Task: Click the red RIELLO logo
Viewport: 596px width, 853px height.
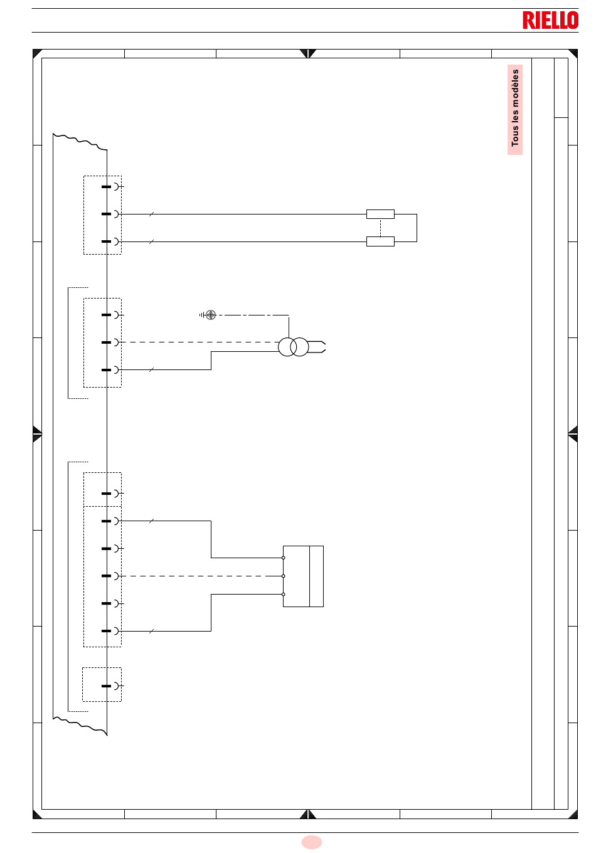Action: (x=550, y=20)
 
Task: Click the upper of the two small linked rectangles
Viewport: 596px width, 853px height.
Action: (x=380, y=214)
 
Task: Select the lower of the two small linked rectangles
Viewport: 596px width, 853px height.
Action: (x=380, y=241)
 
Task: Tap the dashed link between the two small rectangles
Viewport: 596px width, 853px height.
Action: (x=380, y=228)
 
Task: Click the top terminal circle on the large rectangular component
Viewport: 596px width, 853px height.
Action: (x=284, y=558)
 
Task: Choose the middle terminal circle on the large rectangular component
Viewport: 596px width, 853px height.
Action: (x=284, y=576)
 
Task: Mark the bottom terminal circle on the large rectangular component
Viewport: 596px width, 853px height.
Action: (x=284, y=595)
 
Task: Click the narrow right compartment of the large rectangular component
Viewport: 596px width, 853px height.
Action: (x=316, y=576)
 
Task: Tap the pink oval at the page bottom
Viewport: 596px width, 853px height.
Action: (x=312, y=842)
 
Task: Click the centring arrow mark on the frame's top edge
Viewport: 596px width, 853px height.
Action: (x=307, y=53)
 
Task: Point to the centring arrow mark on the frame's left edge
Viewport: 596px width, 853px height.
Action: (x=37, y=434)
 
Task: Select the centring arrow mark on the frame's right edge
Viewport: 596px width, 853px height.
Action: (x=573, y=434)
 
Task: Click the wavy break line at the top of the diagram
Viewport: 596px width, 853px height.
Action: (x=80, y=142)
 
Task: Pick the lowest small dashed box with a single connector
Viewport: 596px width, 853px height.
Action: (x=102, y=684)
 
